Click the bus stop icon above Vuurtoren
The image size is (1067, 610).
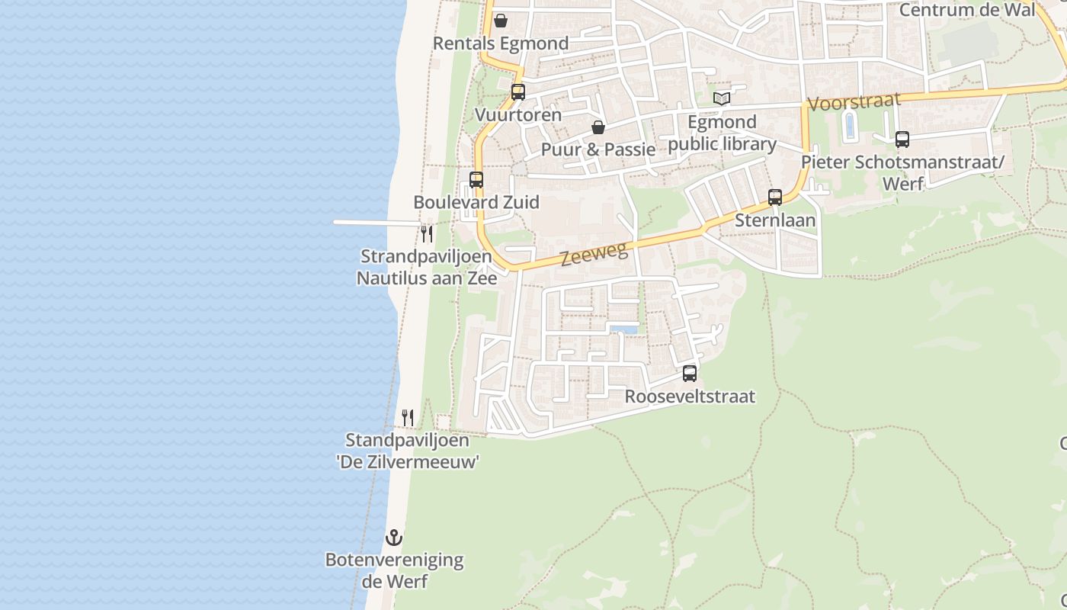tap(518, 92)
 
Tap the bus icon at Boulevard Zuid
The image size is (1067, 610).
tap(476, 180)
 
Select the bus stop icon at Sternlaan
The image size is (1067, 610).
tap(775, 197)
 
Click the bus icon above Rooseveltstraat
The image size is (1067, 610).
tap(690, 374)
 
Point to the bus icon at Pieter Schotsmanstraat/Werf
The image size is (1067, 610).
tap(902, 140)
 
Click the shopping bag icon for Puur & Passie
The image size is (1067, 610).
tap(598, 127)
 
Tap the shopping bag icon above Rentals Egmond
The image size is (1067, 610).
tap(501, 21)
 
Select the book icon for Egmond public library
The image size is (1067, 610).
tap(722, 98)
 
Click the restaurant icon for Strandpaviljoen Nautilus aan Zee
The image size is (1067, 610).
tap(427, 233)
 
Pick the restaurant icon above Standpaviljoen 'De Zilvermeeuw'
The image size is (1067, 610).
tap(408, 417)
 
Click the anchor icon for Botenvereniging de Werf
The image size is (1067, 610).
tap(393, 538)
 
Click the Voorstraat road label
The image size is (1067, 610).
tap(854, 102)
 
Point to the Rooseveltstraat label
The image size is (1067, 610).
tap(690, 396)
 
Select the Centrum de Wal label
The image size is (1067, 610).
tap(967, 10)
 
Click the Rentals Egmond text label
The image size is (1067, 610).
tap(501, 43)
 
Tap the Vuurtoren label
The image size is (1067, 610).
tap(518, 115)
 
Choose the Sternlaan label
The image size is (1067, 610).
tap(775, 220)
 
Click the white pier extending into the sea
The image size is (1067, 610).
tap(373, 223)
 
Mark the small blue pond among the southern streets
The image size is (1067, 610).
tap(623, 329)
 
